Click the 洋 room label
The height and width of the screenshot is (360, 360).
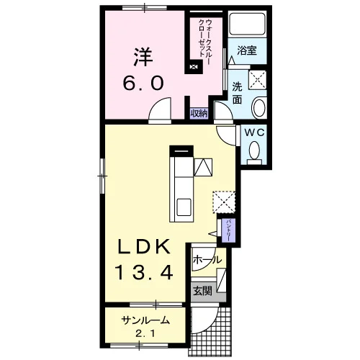tap(143, 57)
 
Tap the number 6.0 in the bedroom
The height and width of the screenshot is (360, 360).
tap(143, 83)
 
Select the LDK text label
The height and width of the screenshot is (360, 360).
tap(144, 246)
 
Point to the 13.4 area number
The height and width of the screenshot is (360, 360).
tap(145, 272)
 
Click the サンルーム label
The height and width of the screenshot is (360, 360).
tap(145, 320)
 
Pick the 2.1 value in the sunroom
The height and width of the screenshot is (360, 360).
tap(145, 333)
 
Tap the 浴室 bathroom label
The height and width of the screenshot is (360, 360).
tap(247, 50)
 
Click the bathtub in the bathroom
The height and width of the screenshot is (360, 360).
tap(247, 23)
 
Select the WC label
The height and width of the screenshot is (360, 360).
tap(254, 132)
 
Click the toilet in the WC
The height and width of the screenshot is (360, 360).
tap(254, 153)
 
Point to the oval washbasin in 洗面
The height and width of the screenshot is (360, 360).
tap(258, 107)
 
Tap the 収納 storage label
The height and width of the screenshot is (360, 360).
tap(199, 114)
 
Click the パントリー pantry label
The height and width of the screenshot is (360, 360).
tap(228, 230)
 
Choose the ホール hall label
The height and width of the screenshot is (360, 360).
tap(207, 260)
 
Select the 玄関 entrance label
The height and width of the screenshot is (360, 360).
tap(203, 291)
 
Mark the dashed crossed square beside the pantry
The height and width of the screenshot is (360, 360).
tap(224, 202)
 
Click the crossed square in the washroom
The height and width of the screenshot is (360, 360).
tap(257, 80)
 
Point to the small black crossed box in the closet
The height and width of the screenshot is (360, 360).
tap(194, 66)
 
